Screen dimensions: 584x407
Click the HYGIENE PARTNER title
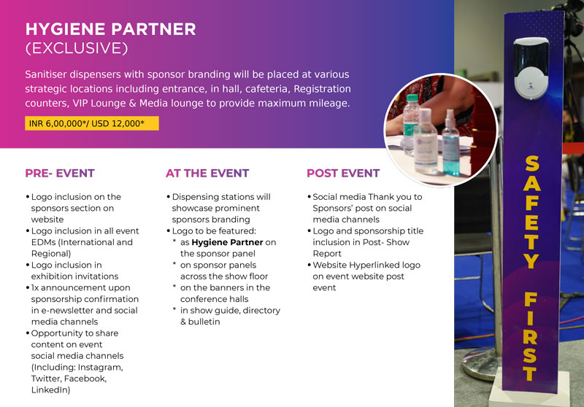coord(111,29)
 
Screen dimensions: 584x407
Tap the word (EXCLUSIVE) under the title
coord(77,48)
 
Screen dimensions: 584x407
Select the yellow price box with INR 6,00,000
coord(92,123)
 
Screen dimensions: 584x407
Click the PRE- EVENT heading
coord(60,174)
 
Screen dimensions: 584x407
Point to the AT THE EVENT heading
coord(207,174)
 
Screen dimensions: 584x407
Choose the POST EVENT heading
coord(343,174)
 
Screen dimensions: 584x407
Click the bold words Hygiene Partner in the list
coord(227,242)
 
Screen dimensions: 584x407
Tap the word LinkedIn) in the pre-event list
coord(50,390)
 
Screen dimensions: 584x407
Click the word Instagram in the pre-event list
coord(100,368)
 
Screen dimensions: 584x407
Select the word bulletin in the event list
coord(204,322)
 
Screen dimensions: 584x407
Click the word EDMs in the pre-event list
coord(43,242)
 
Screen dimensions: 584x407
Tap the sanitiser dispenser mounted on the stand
coord(531,69)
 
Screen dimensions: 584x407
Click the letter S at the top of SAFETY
coord(532,163)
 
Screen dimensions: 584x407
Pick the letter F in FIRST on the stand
coord(531,300)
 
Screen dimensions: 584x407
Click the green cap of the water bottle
coord(412,98)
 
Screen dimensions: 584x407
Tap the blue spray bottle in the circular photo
coord(450,145)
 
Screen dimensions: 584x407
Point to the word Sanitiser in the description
coord(45,74)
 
